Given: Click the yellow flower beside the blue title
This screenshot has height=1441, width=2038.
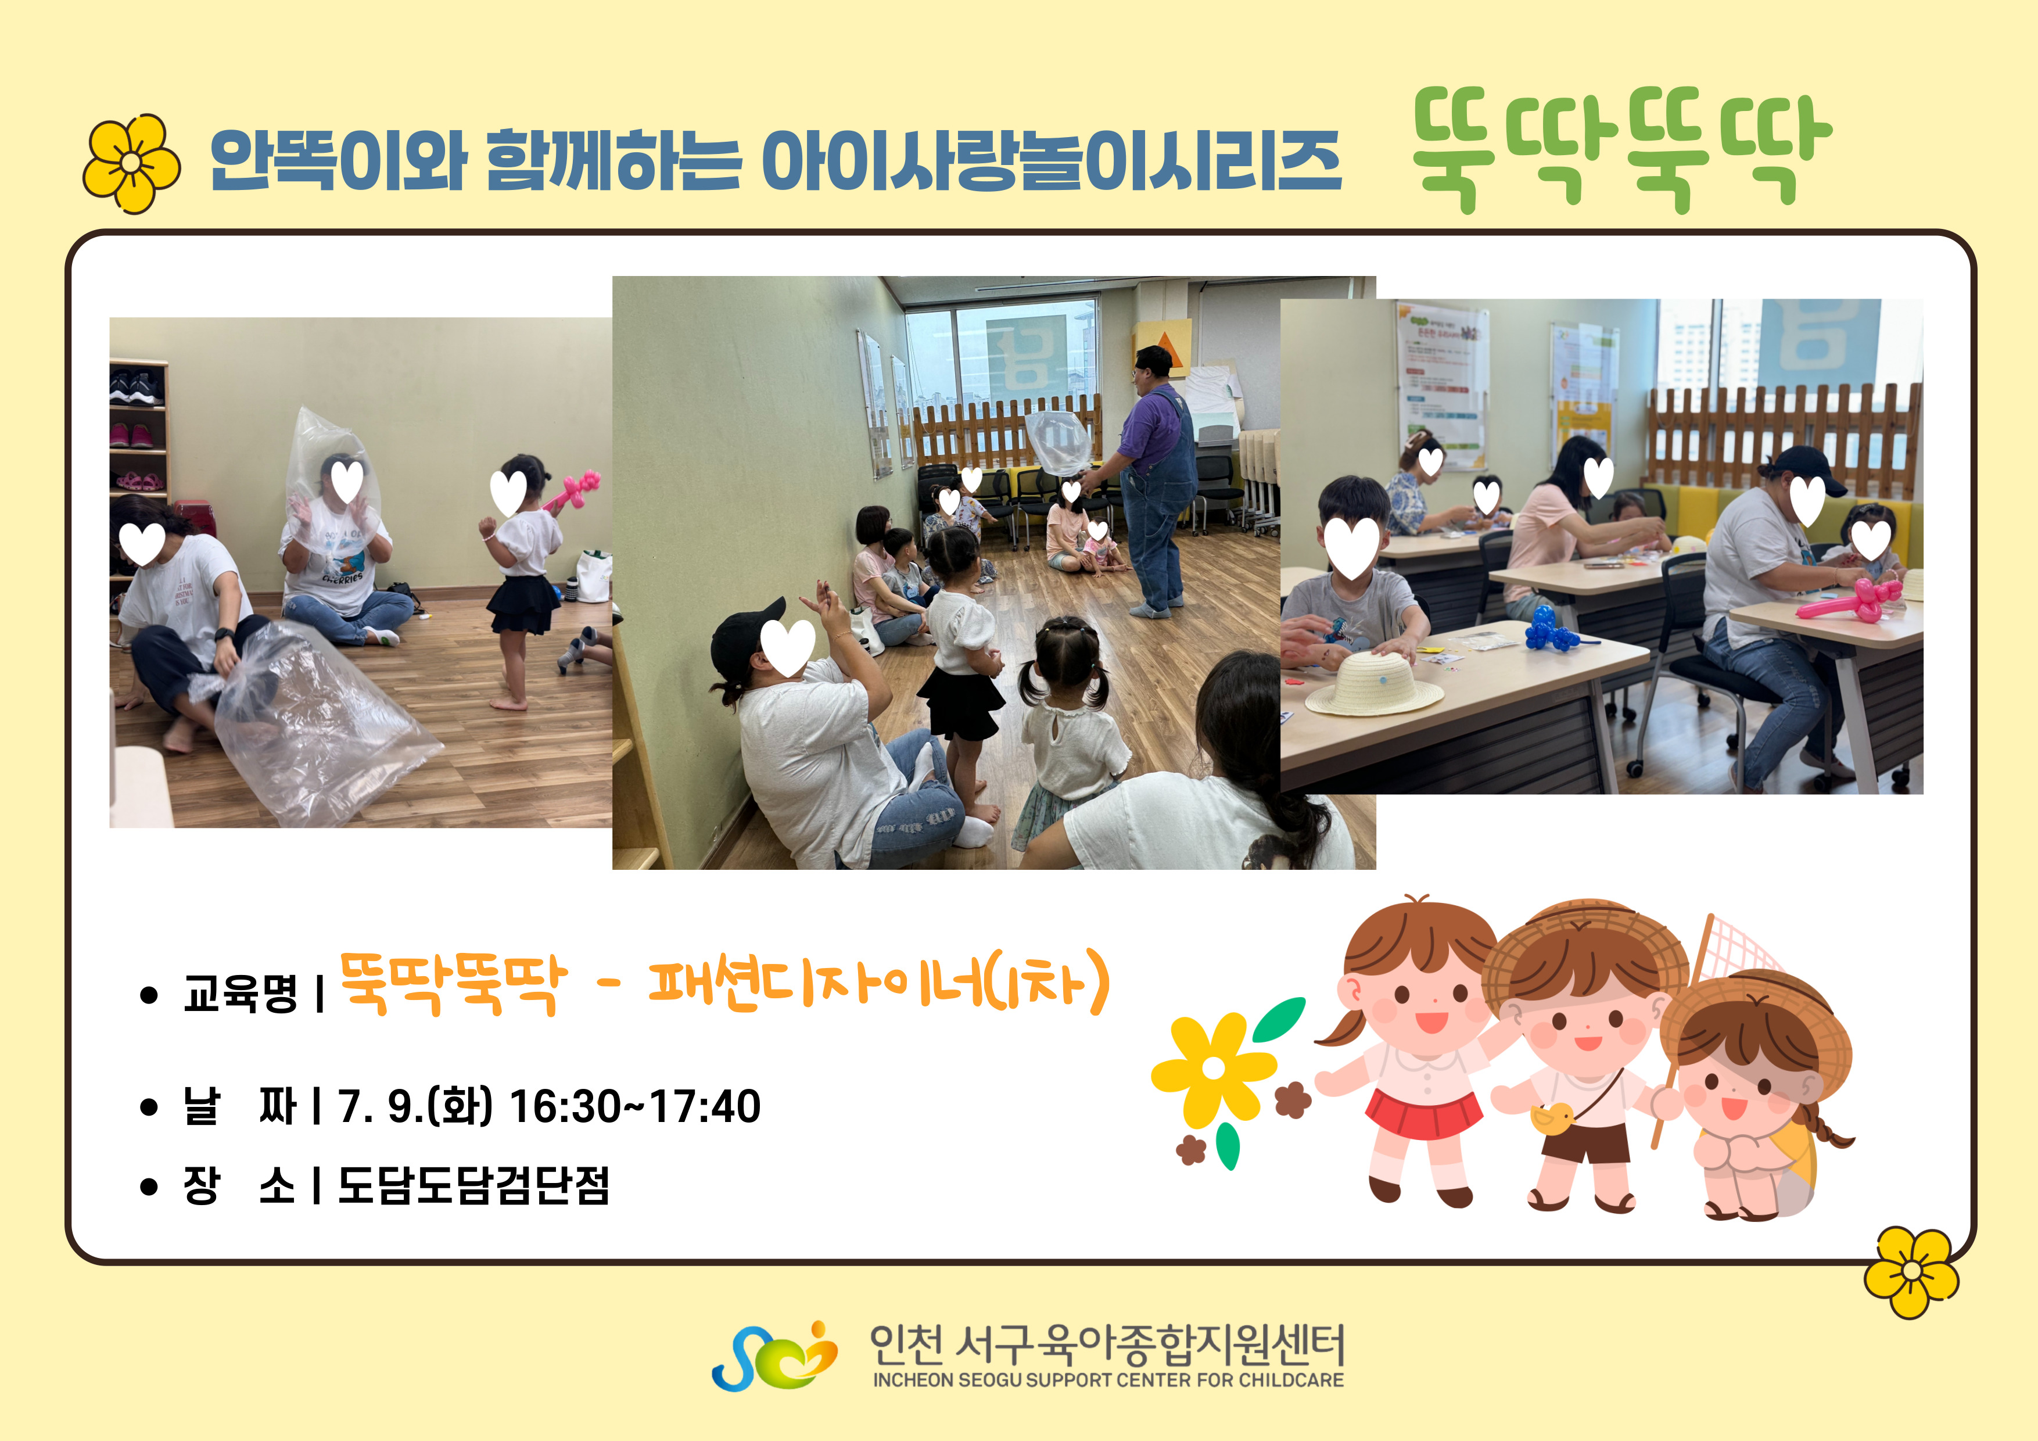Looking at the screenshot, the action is (x=131, y=163).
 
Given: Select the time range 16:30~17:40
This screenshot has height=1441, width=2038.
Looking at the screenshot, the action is (x=634, y=1106).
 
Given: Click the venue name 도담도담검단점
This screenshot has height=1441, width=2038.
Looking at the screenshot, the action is (x=473, y=1184).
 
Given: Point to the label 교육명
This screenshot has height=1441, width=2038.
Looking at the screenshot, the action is (x=240, y=992).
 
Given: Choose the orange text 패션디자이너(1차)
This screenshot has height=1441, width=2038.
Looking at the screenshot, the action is (x=879, y=983).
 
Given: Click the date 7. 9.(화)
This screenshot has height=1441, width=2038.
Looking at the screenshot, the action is (x=415, y=1106).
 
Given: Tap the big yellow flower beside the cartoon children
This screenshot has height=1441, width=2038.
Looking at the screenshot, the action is (x=1214, y=1069).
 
